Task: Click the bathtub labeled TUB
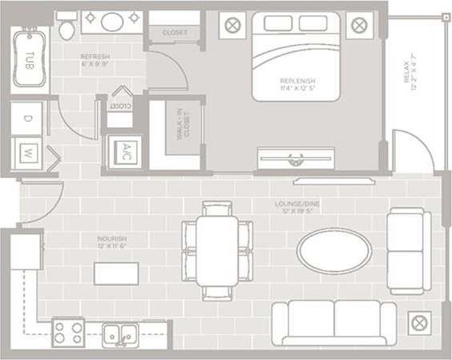pos(30,58)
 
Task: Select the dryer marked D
pos(28,118)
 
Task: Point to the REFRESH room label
pos(95,59)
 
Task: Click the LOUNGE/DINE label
pos(299,206)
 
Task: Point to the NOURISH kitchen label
pos(113,241)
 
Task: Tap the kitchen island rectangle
pos(115,273)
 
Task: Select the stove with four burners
pos(68,331)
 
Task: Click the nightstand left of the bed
pos(232,25)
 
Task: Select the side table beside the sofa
pos(418,323)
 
